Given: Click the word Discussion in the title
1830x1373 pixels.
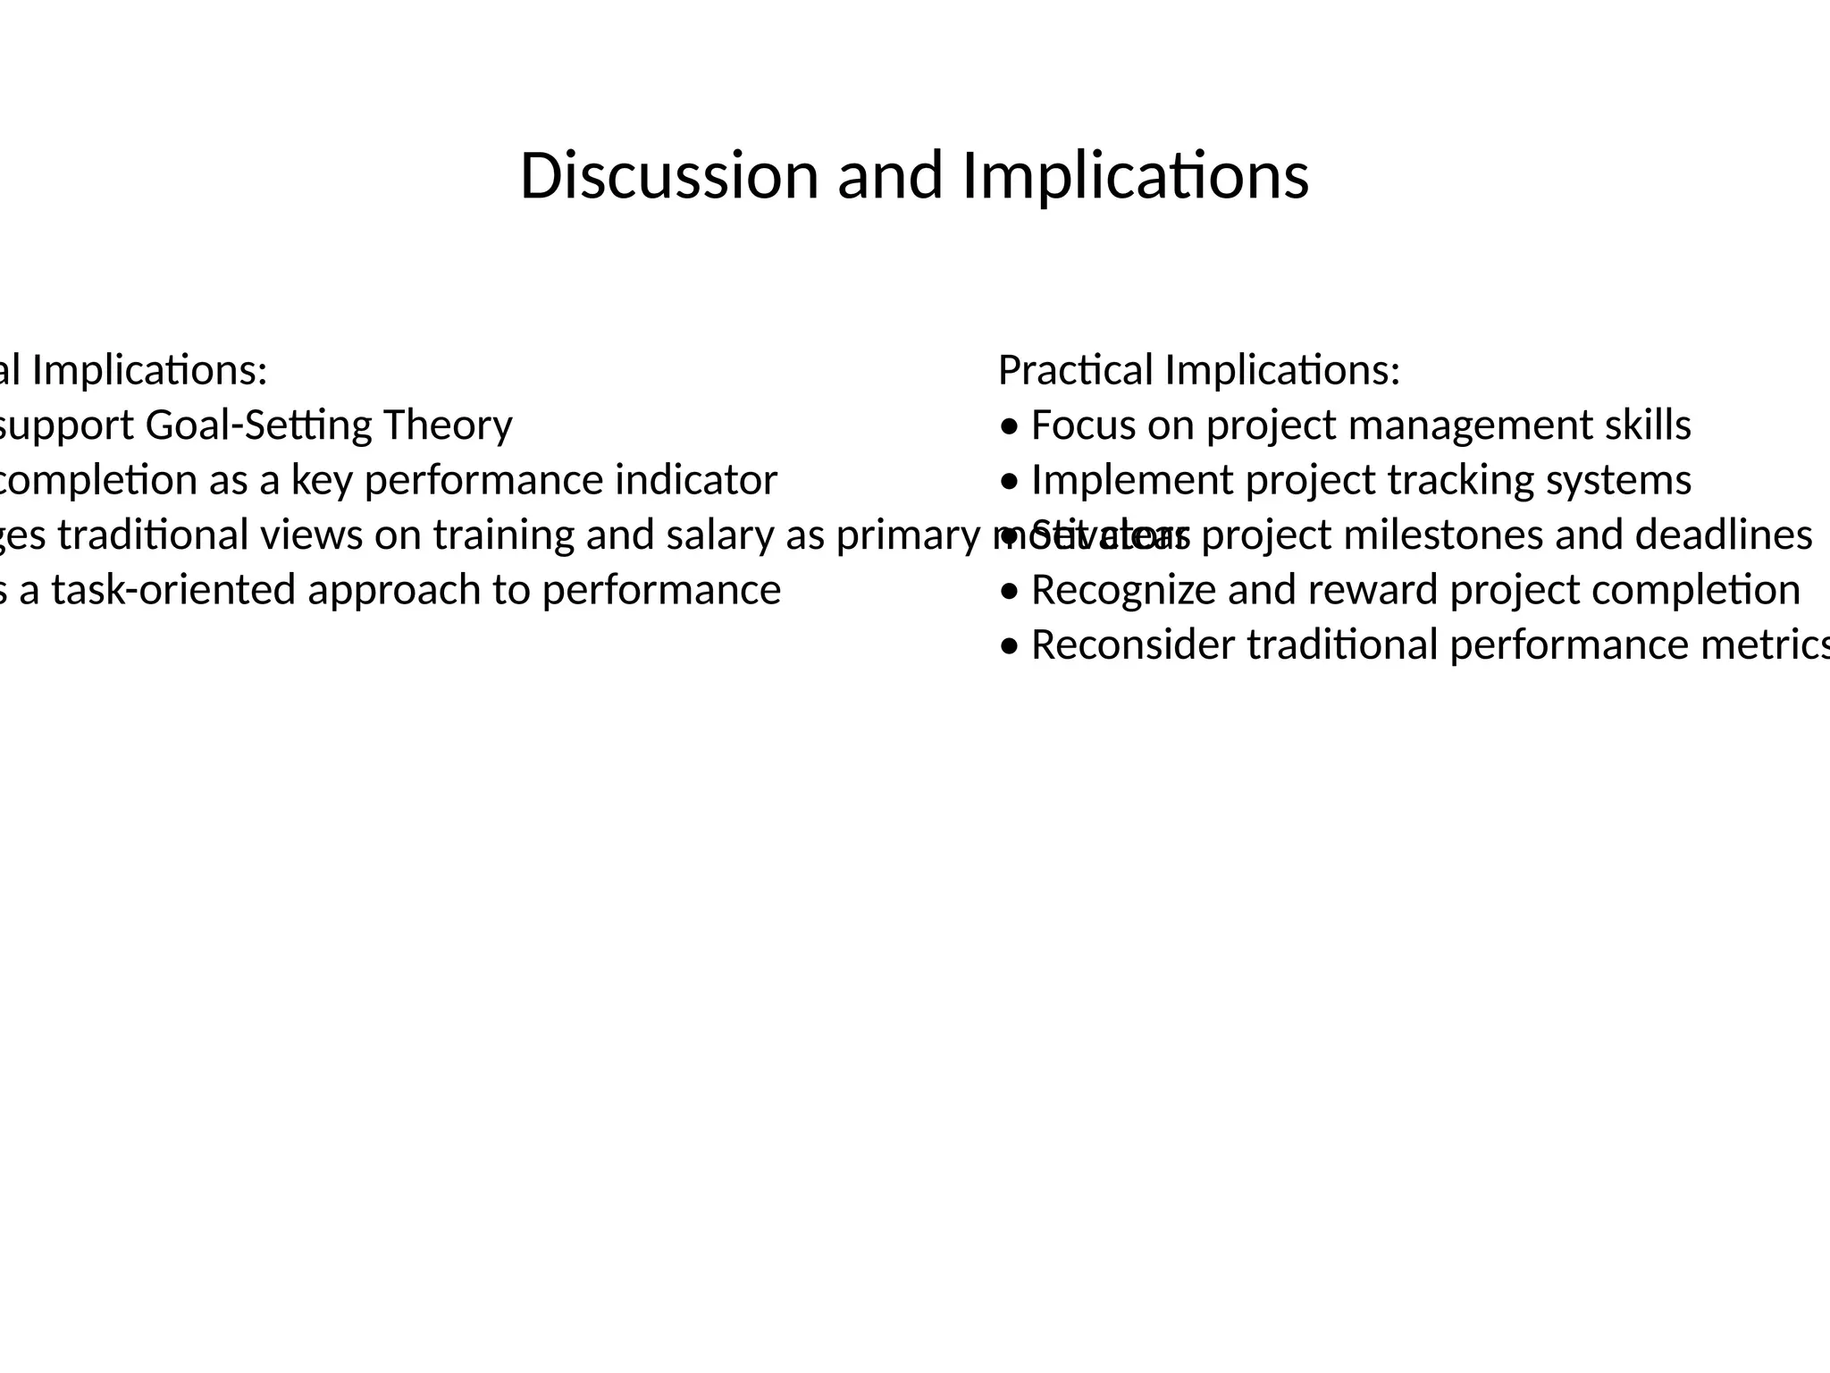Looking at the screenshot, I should [x=668, y=175].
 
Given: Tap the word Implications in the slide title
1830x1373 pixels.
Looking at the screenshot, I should [x=1135, y=175].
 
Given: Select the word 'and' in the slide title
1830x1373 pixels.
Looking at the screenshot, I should [x=889, y=175].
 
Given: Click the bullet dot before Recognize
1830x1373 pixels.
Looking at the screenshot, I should [x=1009, y=593].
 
